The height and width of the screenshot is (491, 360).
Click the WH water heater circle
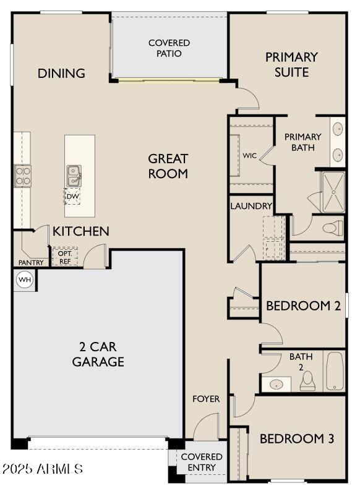click(25, 279)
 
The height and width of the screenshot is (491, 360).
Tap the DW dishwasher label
click(73, 196)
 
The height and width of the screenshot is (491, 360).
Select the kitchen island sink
click(74, 176)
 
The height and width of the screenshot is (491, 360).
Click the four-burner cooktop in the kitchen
click(23, 176)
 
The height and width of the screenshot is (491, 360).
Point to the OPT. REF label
click(65, 257)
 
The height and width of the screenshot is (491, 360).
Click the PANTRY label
click(31, 262)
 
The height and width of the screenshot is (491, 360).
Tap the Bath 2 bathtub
click(335, 371)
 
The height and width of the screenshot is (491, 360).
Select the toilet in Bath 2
click(308, 381)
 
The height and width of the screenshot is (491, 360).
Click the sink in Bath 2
click(276, 384)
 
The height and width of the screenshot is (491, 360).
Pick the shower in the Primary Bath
click(333, 192)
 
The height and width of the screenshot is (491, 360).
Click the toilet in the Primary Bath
click(333, 228)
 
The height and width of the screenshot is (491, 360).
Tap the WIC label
click(249, 155)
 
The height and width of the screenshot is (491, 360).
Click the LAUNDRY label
click(251, 206)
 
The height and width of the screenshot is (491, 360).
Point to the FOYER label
click(206, 399)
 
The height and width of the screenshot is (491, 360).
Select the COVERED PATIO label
click(169, 48)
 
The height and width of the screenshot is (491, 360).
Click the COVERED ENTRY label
click(202, 462)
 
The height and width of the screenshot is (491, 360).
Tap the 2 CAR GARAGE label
click(98, 354)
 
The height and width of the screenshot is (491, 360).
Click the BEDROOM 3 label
click(297, 438)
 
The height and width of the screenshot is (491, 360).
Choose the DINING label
click(61, 73)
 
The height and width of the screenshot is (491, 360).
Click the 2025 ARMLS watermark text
click(42, 469)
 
